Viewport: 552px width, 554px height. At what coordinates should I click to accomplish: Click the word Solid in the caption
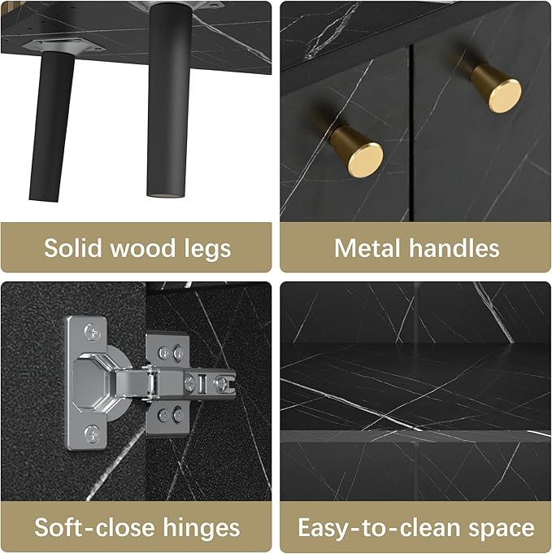click(x=73, y=248)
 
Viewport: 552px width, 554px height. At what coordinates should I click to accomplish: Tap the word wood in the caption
click(x=143, y=248)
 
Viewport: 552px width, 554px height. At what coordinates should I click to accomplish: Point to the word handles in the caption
click(x=454, y=248)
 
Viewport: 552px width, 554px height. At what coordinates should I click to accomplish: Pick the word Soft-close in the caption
click(x=94, y=527)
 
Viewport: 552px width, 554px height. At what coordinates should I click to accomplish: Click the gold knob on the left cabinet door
click(x=357, y=151)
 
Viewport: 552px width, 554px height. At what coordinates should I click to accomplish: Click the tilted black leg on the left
click(x=53, y=126)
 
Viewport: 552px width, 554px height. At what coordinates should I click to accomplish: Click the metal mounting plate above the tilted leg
click(x=63, y=46)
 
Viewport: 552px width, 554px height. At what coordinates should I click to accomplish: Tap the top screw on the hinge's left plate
click(x=92, y=332)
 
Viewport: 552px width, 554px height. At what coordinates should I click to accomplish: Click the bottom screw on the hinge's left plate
click(x=92, y=433)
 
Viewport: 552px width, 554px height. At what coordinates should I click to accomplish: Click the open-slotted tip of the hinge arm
click(x=226, y=382)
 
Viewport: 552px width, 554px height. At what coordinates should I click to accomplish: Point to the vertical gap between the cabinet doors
click(x=411, y=133)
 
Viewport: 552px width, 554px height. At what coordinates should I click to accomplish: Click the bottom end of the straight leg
click(x=166, y=194)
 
